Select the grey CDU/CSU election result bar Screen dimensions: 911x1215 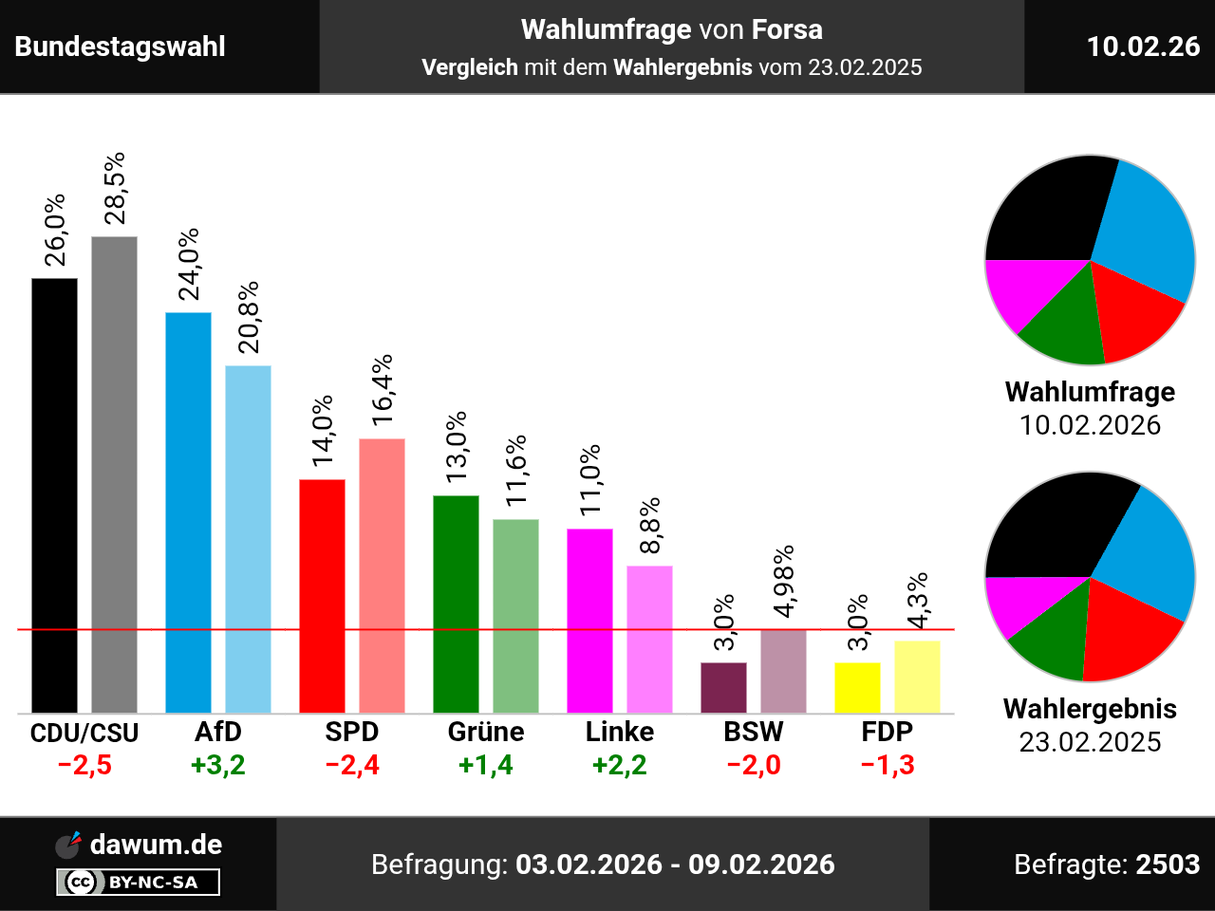(114, 474)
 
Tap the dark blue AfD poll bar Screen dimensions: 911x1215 (188, 512)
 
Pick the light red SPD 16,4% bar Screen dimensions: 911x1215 (382, 575)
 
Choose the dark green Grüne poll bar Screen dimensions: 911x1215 (456, 604)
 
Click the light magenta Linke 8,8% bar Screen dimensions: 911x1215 (649, 639)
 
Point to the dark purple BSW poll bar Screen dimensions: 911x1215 (723, 687)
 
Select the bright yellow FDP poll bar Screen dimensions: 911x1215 (857, 687)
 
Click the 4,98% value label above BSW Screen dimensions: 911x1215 (784, 581)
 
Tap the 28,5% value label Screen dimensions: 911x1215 (115, 188)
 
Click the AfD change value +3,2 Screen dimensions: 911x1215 (218, 765)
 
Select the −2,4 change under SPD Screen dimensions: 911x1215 (352, 765)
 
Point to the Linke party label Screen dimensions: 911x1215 (620, 732)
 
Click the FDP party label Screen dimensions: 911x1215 (888, 732)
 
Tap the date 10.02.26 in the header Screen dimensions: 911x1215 (1143, 46)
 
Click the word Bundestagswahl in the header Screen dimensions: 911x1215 (121, 46)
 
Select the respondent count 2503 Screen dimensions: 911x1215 (1168, 865)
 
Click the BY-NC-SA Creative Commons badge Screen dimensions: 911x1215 (139, 883)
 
